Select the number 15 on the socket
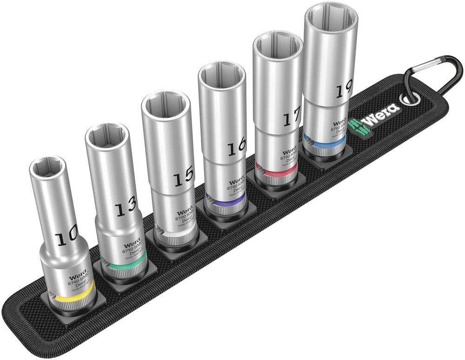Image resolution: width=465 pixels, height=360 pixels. [x=183, y=179]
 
